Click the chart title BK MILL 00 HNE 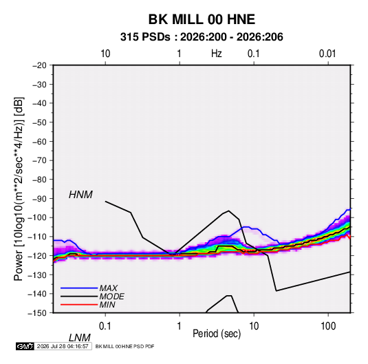[202, 19]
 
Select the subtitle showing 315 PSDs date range [202, 37]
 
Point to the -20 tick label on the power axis [39, 65]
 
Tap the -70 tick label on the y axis [39, 160]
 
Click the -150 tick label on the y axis [38, 313]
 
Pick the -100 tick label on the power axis [38, 217]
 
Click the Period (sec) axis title [217, 334]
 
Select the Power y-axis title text [19, 189]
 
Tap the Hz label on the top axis [217, 54]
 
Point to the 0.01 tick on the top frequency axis [327, 54]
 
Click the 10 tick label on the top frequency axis [105, 54]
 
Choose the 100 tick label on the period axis [328, 326]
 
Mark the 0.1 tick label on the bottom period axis [105, 326]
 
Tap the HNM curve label [80, 195]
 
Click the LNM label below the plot [80, 338]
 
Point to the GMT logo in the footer [25, 346]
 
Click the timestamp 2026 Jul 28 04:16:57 [63, 346]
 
